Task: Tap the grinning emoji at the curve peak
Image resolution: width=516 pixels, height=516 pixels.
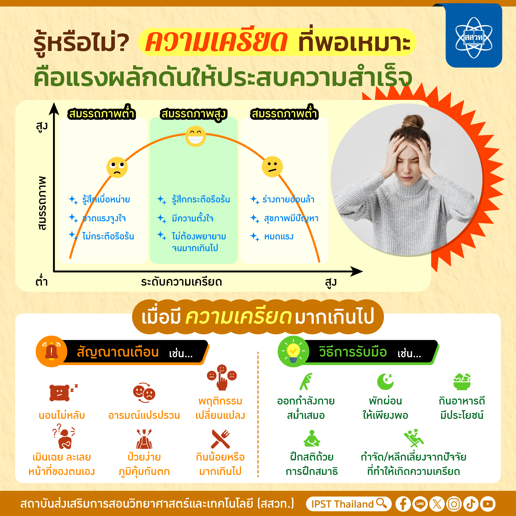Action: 195,136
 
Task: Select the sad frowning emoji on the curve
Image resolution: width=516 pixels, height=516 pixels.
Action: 117,167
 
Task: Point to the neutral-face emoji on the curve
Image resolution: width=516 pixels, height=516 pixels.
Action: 272,167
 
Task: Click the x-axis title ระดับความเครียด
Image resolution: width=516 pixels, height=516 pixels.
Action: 182,282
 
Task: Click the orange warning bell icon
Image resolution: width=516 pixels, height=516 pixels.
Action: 52,351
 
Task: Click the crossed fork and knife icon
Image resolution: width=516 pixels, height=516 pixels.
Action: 220,439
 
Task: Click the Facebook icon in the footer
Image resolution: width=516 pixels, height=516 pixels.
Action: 403,504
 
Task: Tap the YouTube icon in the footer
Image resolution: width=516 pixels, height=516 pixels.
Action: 488,504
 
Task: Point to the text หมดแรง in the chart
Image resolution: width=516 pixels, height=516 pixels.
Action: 279,237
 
